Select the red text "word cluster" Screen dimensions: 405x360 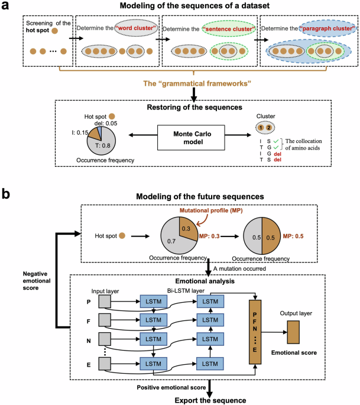click(x=135, y=29)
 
